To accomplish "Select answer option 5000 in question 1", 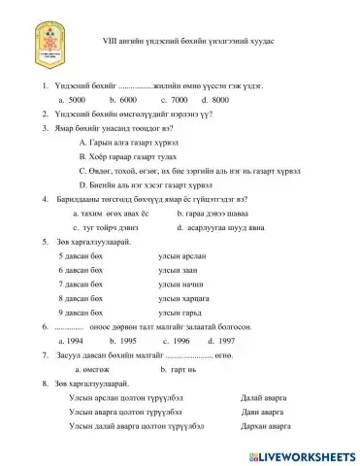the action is [73, 99].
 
